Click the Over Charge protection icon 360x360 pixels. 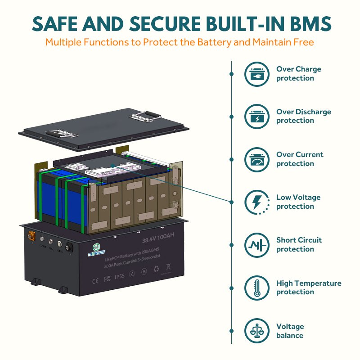pos(256,74)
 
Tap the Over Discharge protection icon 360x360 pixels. pos(256,117)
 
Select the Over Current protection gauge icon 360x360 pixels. pos(256,159)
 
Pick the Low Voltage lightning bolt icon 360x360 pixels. pos(256,202)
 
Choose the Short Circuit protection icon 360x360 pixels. pos(256,245)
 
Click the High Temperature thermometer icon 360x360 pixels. pos(256,288)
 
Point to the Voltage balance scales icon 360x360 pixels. pos(256,331)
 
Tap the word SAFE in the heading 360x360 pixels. pos(54,23)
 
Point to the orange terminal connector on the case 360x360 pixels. pos(33,235)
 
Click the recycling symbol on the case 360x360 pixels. pos(156,270)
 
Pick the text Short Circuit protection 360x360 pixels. pos(299,245)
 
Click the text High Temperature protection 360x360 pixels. pos(309,288)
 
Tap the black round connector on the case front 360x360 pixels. pos(70,247)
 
